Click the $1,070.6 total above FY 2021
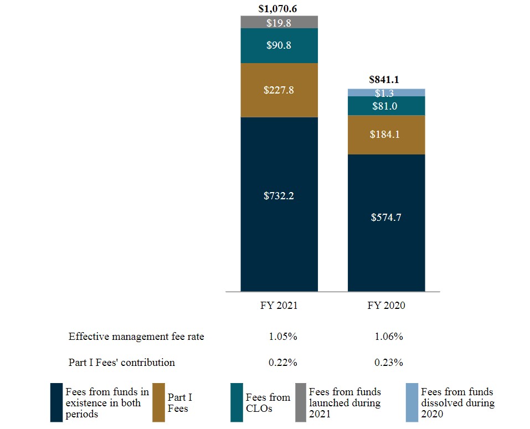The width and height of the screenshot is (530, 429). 279,9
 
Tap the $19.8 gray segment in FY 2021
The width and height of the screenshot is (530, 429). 279,22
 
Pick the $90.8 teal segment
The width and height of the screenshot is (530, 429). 279,45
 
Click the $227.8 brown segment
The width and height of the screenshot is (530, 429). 279,90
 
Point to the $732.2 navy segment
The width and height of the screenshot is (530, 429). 279,195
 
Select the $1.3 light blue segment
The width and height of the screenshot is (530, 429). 386,92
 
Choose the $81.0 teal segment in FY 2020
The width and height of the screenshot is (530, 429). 386,106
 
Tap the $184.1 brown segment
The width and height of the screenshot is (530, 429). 386,135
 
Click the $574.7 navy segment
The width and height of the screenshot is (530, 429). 386,218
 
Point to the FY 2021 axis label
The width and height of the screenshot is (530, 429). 279,306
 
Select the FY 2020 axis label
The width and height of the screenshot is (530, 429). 386,306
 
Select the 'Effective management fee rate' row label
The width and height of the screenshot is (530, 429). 136,337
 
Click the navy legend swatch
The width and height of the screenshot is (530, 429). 56,402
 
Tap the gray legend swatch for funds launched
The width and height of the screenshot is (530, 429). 301,402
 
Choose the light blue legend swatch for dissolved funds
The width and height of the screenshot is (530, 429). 412,402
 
